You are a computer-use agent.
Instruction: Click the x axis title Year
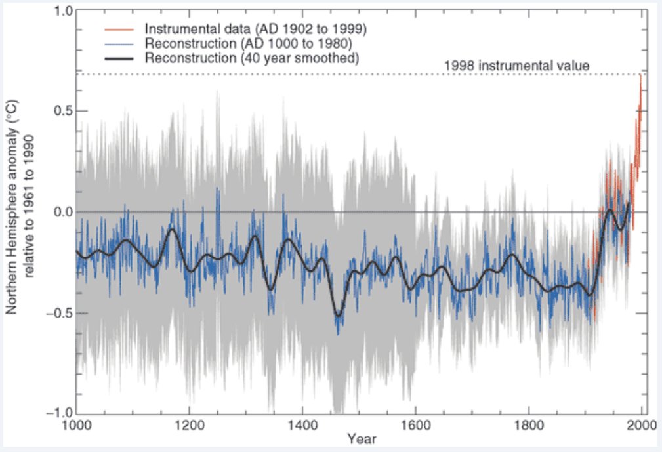pos(362,438)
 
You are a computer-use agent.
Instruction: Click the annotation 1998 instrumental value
pos(518,66)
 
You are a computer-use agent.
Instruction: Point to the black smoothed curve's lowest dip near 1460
pos(338,316)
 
